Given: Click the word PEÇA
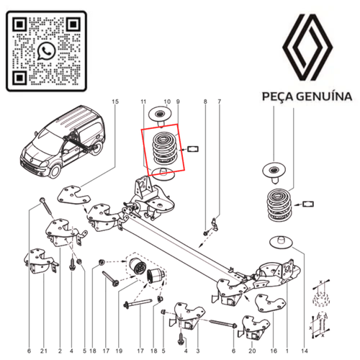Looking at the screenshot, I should (x=276, y=98).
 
